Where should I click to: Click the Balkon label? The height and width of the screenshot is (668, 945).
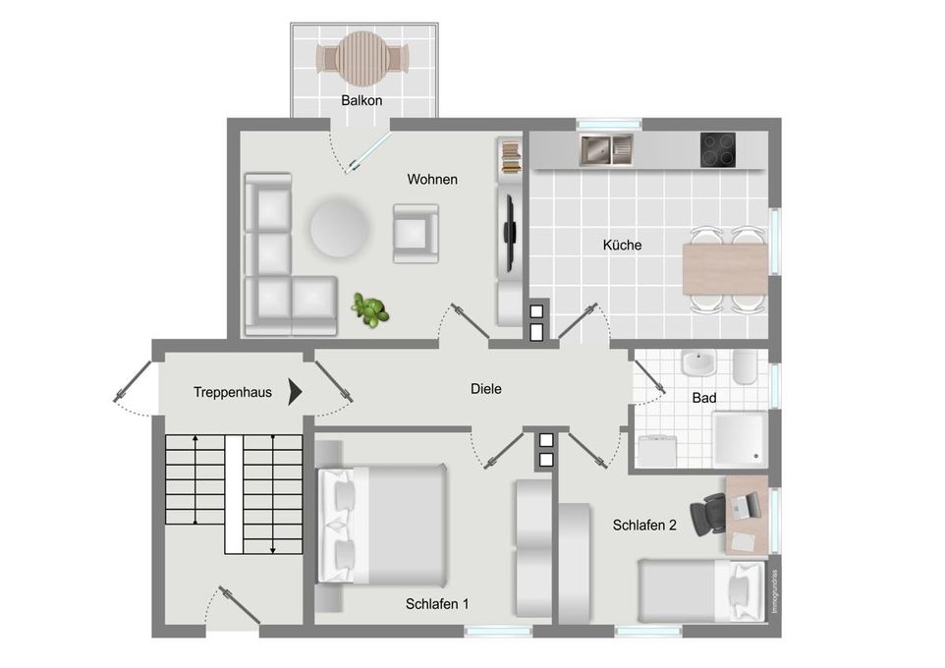361,100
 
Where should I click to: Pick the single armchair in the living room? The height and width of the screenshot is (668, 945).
415,233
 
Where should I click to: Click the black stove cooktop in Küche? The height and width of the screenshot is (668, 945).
719,149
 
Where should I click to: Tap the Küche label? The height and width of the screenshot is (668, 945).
622,245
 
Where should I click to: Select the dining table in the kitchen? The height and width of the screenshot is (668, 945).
725,268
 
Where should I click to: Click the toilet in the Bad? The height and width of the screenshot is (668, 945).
743,367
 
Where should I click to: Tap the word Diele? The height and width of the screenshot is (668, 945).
486,389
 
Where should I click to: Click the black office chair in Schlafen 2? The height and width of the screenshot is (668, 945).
709,513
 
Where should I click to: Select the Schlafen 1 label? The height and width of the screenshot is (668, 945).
437,604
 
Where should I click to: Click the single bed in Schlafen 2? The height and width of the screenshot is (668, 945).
698,589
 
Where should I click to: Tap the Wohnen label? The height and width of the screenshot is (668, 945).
432,180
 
